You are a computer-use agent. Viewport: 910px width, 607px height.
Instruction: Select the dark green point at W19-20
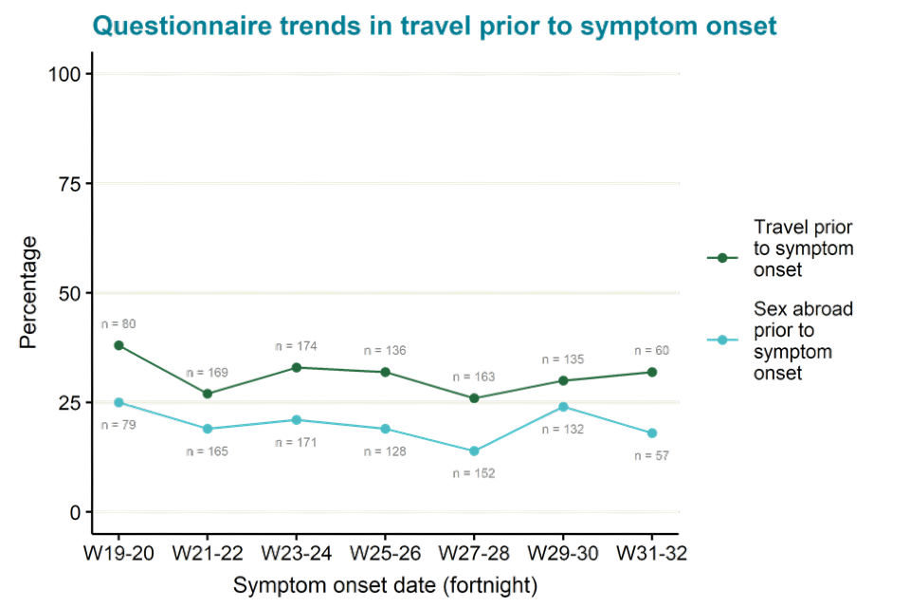(x=118, y=345)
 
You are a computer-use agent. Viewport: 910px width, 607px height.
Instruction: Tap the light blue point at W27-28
(x=474, y=451)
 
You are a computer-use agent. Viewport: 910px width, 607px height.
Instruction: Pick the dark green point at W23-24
(x=297, y=367)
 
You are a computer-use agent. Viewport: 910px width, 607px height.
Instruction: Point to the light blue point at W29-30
(x=563, y=407)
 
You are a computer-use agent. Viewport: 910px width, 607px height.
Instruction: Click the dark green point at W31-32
(x=652, y=372)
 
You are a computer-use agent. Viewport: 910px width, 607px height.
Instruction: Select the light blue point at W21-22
(x=208, y=429)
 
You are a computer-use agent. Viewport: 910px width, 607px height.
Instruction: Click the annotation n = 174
(x=295, y=346)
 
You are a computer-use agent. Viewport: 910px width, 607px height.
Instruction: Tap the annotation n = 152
(x=474, y=472)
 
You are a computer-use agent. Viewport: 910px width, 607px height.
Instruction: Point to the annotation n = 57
(x=650, y=455)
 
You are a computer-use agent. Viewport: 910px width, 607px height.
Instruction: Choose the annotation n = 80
(x=118, y=324)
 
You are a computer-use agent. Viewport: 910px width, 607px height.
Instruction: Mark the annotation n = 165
(x=207, y=451)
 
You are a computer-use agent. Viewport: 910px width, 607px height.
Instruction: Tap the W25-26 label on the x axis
(x=385, y=552)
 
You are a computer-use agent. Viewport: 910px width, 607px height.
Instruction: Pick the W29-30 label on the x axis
(x=563, y=552)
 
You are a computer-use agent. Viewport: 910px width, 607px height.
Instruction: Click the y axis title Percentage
(x=29, y=292)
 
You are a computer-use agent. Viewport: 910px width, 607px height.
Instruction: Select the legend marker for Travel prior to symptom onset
(x=722, y=257)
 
